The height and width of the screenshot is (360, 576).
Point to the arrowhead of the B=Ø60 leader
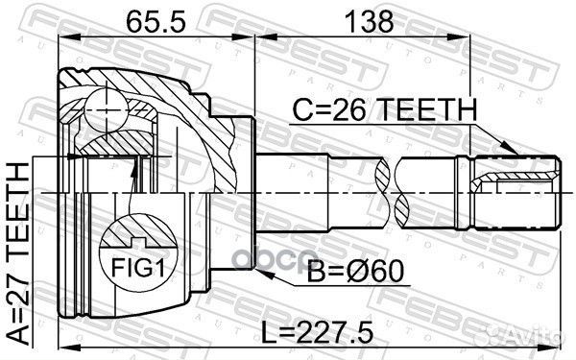click(268, 276)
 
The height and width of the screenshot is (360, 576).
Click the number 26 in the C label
click(352, 113)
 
